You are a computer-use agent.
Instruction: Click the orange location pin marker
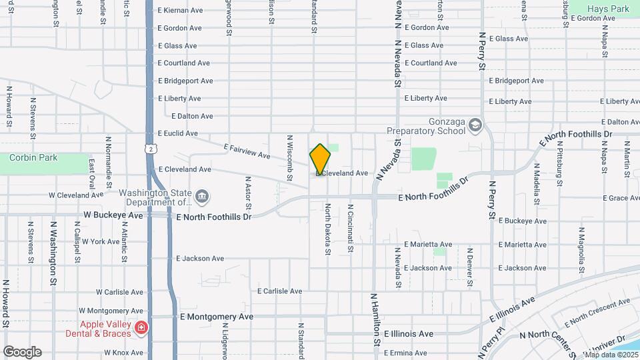tap(320, 159)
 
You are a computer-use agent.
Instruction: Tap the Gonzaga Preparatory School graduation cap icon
tap(475, 125)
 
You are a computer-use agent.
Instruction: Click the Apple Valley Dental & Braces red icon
tap(141, 327)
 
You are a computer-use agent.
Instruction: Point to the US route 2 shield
tap(153, 149)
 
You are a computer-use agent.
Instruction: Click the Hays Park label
tap(608, 9)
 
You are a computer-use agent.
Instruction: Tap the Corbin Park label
tap(33, 158)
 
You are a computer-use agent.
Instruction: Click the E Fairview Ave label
tap(247, 151)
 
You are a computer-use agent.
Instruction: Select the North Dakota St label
tap(328, 229)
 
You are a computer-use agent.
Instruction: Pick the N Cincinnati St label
tap(350, 229)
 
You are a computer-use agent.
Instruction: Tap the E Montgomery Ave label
tap(217, 317)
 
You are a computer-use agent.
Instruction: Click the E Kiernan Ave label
tap(180, 11)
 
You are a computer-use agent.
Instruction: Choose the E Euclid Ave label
tap(177, 133)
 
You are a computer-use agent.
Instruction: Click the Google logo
tap(22, 351)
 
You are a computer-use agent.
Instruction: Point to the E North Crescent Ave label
tap(597, 313)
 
